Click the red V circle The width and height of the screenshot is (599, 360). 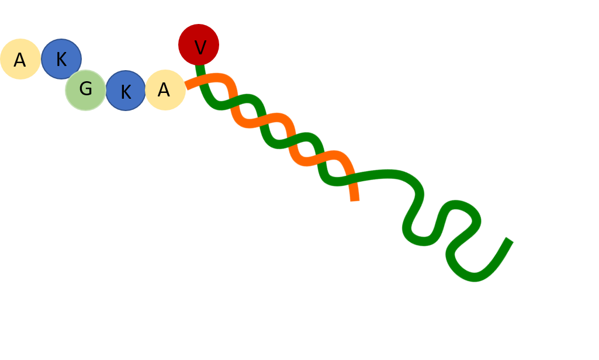tap(199, 45)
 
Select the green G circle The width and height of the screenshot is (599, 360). tap(85, 90)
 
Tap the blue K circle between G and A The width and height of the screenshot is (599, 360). tap(126, 91)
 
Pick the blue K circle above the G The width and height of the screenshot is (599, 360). tap(61, 59)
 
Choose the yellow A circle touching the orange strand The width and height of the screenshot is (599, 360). tap(165, 90)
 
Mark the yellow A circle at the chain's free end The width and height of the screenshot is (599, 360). tap(20, 59)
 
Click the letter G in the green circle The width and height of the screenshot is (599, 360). tap(85, 89)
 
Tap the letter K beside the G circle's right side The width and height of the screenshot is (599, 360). tap(126, 92)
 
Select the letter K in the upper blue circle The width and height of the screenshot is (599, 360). tap(61, 60)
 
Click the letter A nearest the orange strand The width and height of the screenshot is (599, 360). tap(164, 91)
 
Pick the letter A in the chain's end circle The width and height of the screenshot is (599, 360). tap(20, 60)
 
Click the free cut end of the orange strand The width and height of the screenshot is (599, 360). tap(355, 199)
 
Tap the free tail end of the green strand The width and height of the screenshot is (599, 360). tap(510, 240)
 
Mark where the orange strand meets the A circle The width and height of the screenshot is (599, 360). tap(186, 87)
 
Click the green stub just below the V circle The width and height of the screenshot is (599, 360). tap(200, 70)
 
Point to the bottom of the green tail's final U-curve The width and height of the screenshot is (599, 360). tap(473, 276)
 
